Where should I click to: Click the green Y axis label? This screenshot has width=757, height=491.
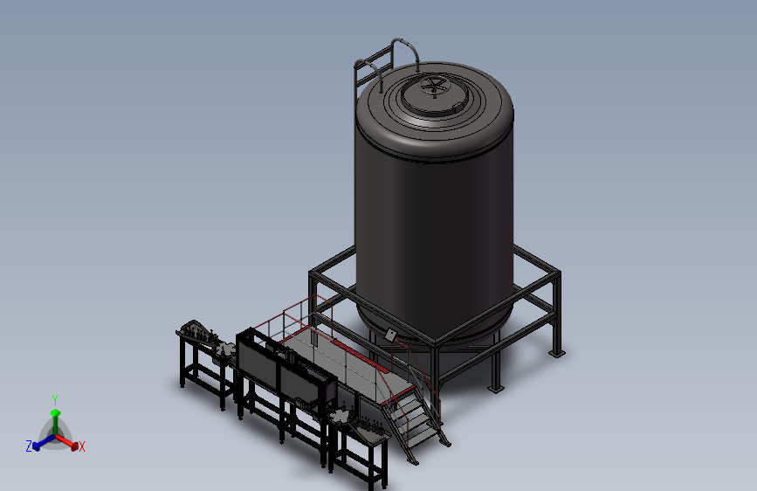click(55, 400)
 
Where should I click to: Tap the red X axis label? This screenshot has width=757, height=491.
click(81, 446)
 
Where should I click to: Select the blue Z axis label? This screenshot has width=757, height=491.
click(29, 446)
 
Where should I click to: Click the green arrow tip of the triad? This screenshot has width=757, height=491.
click(56, 412)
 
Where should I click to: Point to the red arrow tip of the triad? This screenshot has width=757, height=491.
click(74, 446)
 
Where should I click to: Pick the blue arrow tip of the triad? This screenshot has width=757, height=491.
click(36, 446)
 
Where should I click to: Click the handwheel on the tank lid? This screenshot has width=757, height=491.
click(433, 86)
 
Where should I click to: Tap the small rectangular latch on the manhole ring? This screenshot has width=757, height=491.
click(458, 107)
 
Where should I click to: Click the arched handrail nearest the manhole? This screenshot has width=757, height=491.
click(404, 51)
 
